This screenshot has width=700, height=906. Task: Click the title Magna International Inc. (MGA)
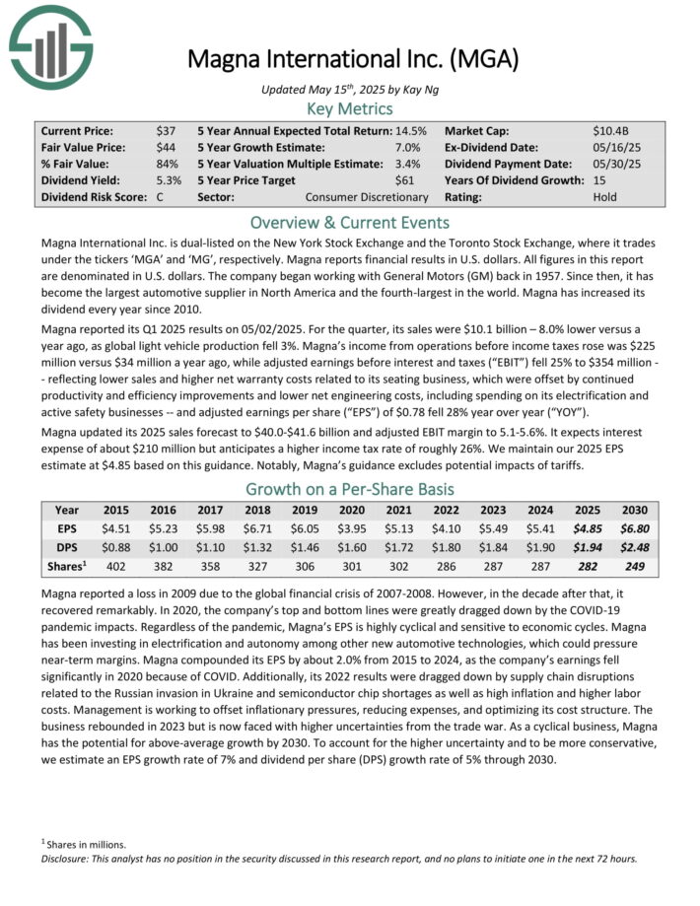354,59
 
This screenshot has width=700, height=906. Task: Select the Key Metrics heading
349,108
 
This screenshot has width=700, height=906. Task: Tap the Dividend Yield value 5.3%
168,180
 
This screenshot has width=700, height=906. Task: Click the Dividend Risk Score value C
160,197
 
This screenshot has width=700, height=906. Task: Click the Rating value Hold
606,197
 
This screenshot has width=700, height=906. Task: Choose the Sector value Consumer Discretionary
367,197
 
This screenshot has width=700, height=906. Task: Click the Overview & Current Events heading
349,222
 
